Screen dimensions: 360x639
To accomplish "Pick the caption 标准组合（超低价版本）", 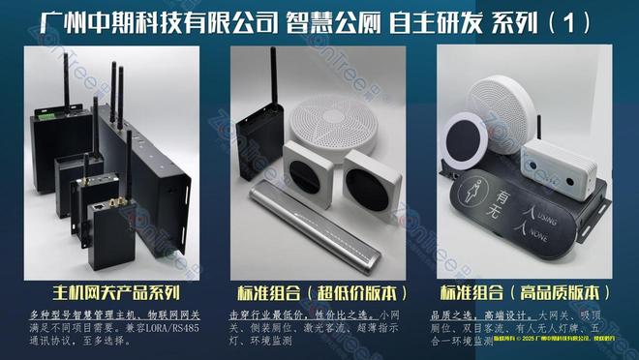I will tap(319, 291).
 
